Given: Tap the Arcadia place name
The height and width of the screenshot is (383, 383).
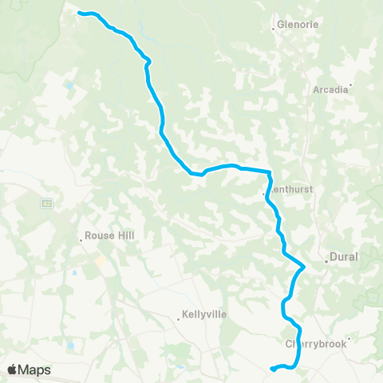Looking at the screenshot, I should point(330,90).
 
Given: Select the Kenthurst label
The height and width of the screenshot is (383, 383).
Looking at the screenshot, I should point(286,191).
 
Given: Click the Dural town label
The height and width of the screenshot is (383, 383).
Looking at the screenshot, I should point(345,258).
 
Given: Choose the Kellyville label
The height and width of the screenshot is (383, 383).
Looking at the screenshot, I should point(205,314).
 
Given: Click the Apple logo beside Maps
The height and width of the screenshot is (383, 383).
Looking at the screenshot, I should point(13,369).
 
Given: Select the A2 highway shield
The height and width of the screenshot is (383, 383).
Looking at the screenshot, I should point(46,203).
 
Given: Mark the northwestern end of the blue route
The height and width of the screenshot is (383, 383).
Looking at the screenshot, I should point(78,12).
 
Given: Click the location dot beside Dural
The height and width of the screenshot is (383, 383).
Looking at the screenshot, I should point(326,261).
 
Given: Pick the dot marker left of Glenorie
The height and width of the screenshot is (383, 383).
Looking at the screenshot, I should point(274,28).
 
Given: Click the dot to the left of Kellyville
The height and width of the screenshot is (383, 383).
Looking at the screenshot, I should point(179,319).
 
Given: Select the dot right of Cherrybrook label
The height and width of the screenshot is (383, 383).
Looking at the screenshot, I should point(349,339).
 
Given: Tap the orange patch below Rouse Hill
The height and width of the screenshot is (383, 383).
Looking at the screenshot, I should point(101,261).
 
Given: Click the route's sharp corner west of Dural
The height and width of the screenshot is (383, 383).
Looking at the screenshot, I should point(304,267).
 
